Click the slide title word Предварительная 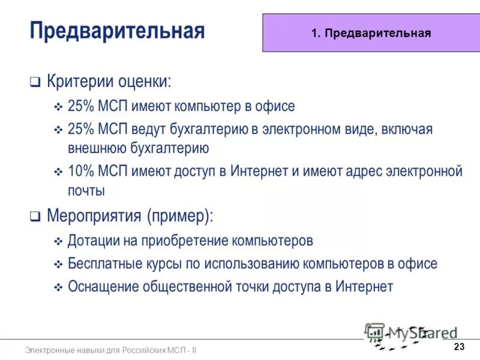(x=117, y=30)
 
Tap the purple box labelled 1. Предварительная (x=371, y=33)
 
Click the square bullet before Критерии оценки (x=35, y=82)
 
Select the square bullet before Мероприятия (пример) (x=35, y=217)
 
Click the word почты (x=86, y=191)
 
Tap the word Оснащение (x=103, y=287)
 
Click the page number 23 (x=460, y=347)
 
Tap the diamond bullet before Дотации (x=58, y=242)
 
